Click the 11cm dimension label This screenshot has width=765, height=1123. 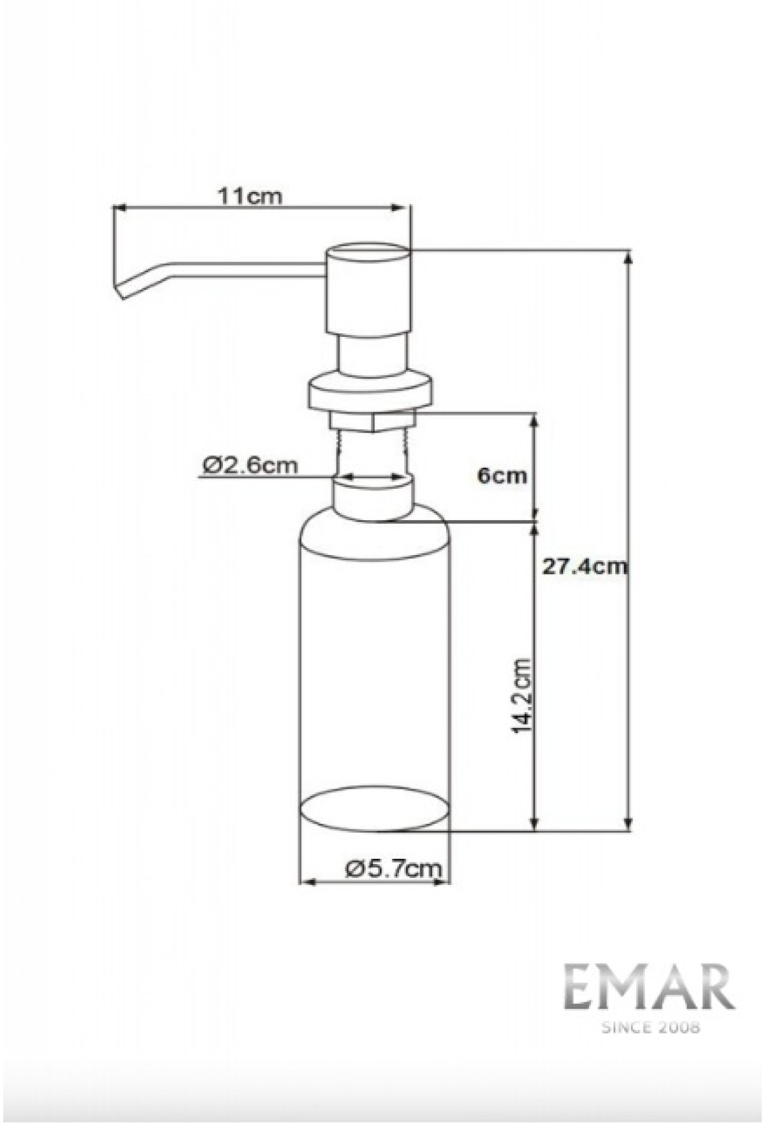[249, 196]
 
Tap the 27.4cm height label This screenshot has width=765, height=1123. [584, 566]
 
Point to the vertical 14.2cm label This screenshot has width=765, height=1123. [521, 696]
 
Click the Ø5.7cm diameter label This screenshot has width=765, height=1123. [393, 868]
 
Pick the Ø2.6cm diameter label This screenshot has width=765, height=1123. [251, 465]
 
